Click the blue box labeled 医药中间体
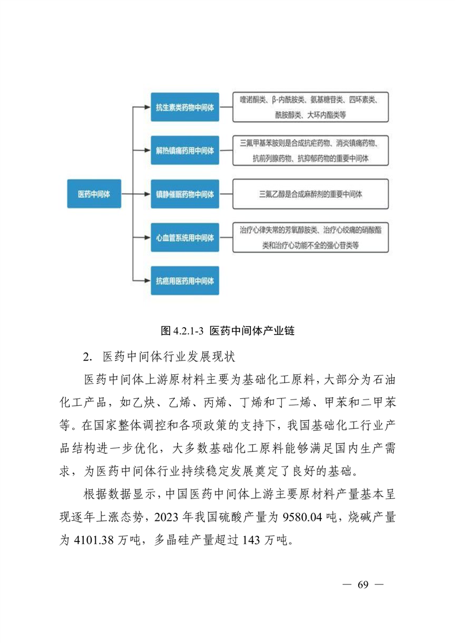click(93, 194)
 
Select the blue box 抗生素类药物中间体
click(185, 107)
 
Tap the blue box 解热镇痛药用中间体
click(185, 151)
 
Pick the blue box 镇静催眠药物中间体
click(185, 194)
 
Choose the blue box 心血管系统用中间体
click(185, 237)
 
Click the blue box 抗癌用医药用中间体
click(185, 280)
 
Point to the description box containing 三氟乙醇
click(310, 194)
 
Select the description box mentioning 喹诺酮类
click(310, 107)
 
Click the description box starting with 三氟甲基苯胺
click(310, 150)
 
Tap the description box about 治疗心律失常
click(310, 237)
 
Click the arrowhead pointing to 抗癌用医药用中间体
click(147, 280)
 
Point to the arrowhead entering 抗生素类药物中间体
click(147, 107)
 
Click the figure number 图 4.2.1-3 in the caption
click(183, 331)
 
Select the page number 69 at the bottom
click(362, 585)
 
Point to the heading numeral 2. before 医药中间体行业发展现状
click(87, 356)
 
